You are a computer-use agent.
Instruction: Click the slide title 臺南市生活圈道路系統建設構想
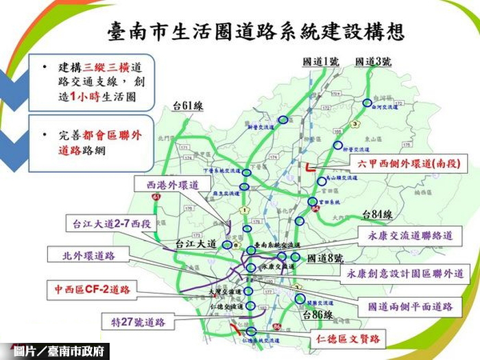pyautogui.click(x=255, y=32)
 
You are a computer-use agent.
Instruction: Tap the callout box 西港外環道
pyautogui.click(x=172, y=185)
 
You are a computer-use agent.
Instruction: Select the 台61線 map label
pyautogui.click(x=188, y=106)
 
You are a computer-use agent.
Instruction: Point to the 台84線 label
pyautogui.click(x=376, y=214)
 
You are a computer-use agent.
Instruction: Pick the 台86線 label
pyautogui.click(x=318, y=314)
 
